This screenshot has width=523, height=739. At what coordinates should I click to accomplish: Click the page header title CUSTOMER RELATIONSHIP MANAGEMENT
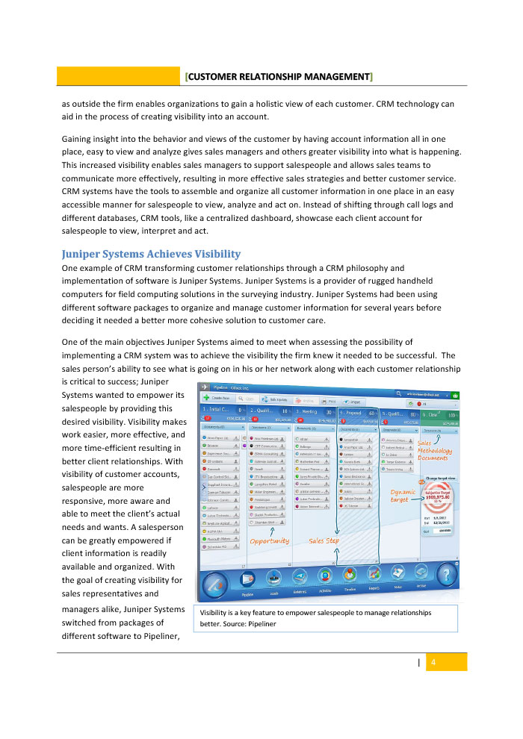click(279, 77)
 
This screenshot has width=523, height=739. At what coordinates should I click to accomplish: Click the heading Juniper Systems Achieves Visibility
click(151, 254)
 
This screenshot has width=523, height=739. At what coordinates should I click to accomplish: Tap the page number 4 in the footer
click(433, 662)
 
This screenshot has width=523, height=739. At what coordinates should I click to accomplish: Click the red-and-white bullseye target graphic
click(438, 494)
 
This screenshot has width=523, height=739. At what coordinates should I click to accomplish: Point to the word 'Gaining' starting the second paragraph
click(78, 140)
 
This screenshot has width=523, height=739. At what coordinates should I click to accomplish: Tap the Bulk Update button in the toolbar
click(276, 401)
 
